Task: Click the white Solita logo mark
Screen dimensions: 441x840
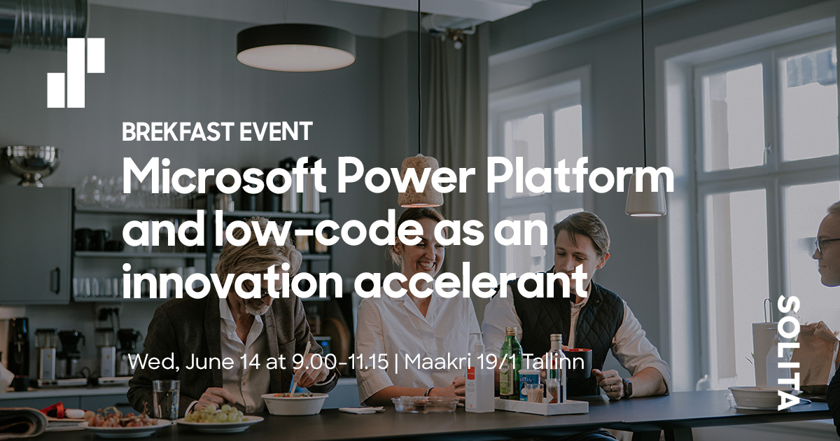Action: [76, 73]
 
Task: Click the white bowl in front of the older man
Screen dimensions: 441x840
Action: [294, 402]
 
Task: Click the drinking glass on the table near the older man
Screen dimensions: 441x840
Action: [166, 398]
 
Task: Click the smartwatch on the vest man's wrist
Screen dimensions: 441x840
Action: [626, 387]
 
